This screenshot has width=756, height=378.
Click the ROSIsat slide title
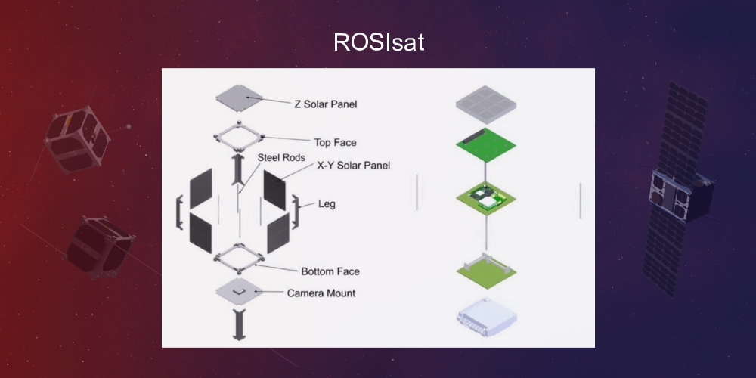point(378,42)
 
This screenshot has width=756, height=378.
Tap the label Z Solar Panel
point(325,104)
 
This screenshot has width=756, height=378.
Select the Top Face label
point(335,142)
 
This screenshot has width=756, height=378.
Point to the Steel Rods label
point(280,158)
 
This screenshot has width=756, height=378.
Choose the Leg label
point(327,204)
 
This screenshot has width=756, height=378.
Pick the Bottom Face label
point(330,271)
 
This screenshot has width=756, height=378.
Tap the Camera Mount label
point(321,293)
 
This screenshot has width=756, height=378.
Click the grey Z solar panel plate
point(238,98)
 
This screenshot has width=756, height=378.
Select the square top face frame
point(239,138)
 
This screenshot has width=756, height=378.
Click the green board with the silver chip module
point(488,198)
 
